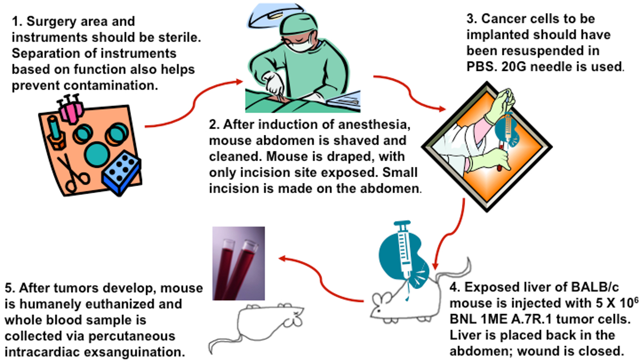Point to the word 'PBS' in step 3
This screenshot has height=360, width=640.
tap(481, 67)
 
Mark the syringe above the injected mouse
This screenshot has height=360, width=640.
tap(406, 245)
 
